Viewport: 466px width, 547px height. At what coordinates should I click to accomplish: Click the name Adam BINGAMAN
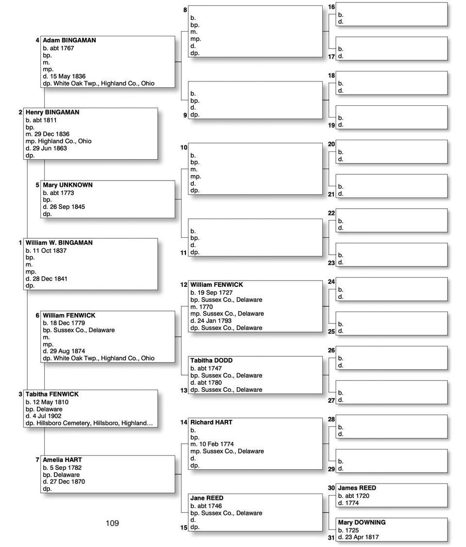[x=69, y=41]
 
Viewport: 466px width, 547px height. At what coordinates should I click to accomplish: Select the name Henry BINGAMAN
[x=52, y=113]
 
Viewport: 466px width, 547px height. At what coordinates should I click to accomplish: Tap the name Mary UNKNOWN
[x=67, y=185]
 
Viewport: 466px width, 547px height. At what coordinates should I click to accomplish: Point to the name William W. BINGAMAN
[x=59, y=243]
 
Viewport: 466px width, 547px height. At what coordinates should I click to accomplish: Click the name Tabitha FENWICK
[x=52, y=395]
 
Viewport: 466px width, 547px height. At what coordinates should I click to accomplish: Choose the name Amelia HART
[x=62, y=460]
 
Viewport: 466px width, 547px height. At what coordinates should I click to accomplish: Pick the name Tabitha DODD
[x=211, y=361]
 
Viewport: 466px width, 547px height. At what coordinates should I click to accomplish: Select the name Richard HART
[x=211, y=423]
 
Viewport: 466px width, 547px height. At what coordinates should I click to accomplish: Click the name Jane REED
[x=207, y=498]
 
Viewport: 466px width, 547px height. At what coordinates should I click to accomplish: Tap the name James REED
[x=357, y=488]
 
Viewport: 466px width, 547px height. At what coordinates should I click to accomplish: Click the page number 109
[x=112, y=523]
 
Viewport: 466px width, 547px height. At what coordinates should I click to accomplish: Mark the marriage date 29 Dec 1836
[x=50, y=134]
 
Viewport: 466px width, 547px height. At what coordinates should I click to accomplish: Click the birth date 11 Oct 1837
[x=49, y=251]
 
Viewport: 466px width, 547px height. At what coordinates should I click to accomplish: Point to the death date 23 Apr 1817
[x=362, y=537]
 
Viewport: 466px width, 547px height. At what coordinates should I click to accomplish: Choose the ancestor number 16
[x=332, y=7]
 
